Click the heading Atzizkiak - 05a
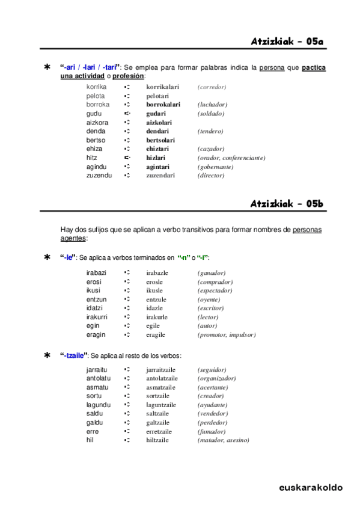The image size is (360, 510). click(287, 41)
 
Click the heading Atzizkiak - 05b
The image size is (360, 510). click(287, 204)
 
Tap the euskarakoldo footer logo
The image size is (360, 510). click(311, 487)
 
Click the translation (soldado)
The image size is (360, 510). click(210, 114)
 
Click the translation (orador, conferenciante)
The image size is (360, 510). click(231, 158)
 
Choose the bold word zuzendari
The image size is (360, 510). click(160, 176)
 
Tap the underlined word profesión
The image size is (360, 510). click(129, 76)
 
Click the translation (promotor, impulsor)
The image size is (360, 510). click(227, 334)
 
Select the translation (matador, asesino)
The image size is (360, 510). click(223, 440)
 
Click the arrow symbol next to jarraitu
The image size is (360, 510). click(127, 369)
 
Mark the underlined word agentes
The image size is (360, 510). click(73, 238)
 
